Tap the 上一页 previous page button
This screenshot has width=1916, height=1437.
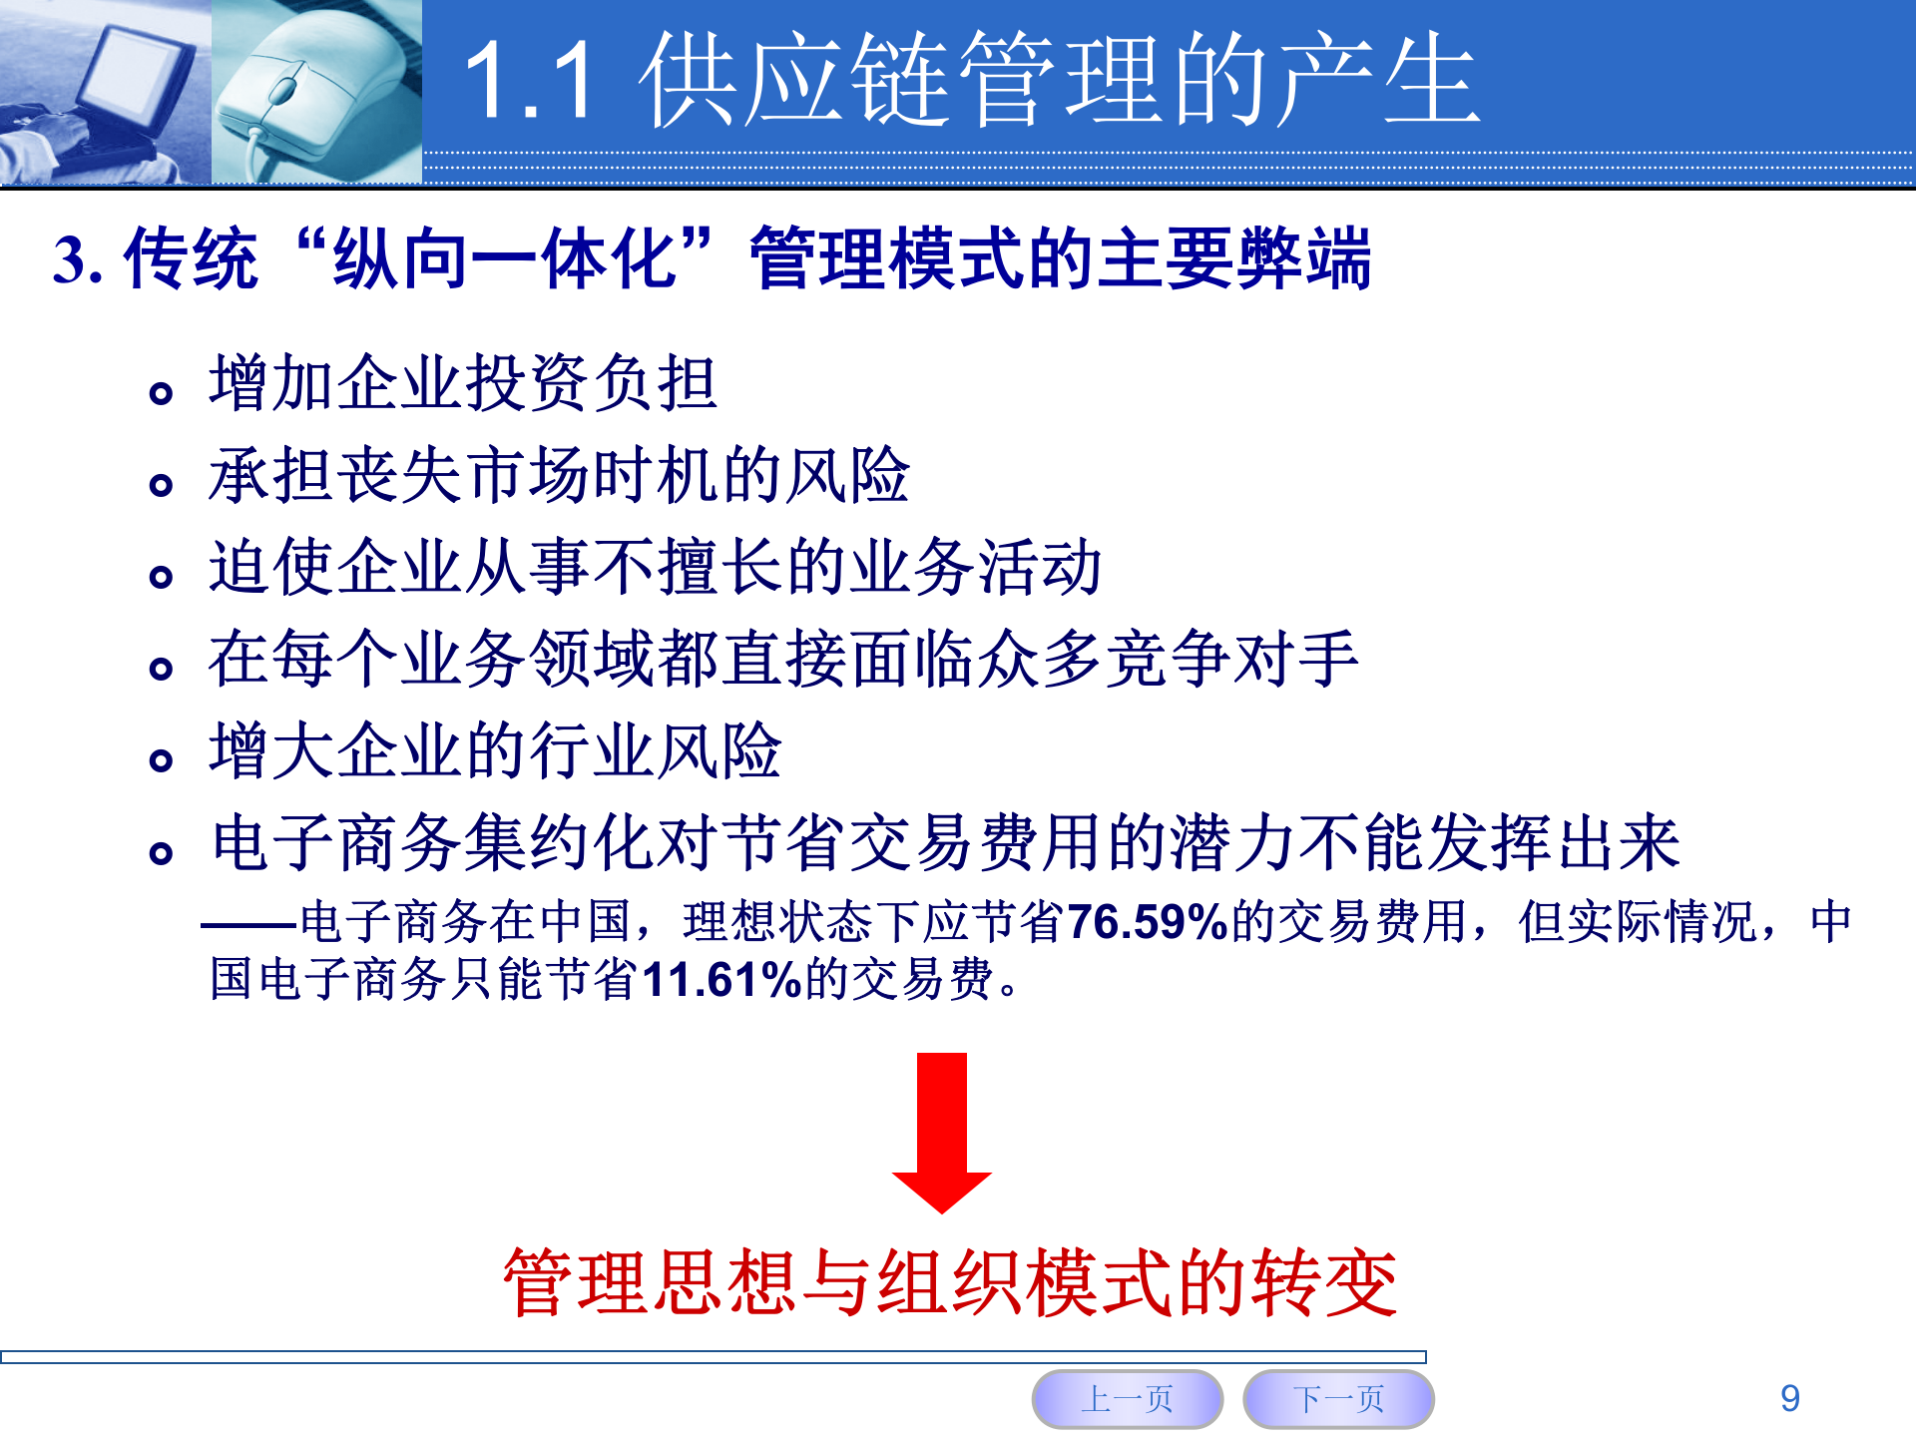(x=1128, y=1398)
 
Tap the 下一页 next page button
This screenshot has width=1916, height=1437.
(x=1338, y=1398)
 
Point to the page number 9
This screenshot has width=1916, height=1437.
(x=1790, y=1398)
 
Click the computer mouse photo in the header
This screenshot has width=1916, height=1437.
(x=315, y=92)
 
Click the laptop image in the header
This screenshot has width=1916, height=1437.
(x=105, y=92)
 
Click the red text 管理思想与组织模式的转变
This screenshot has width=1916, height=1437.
(x=950, y=1282)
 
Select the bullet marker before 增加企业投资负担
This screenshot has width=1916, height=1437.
(x=161, y=393)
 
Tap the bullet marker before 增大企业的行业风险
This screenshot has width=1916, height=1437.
(x=161, y=761)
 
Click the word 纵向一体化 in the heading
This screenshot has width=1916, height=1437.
(x=505, y=258)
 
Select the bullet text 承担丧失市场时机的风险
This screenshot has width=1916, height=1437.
(x=559, y=475)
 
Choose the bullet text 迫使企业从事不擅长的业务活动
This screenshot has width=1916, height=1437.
(x=655, y=567)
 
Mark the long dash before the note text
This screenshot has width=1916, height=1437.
(x=249, y=924)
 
